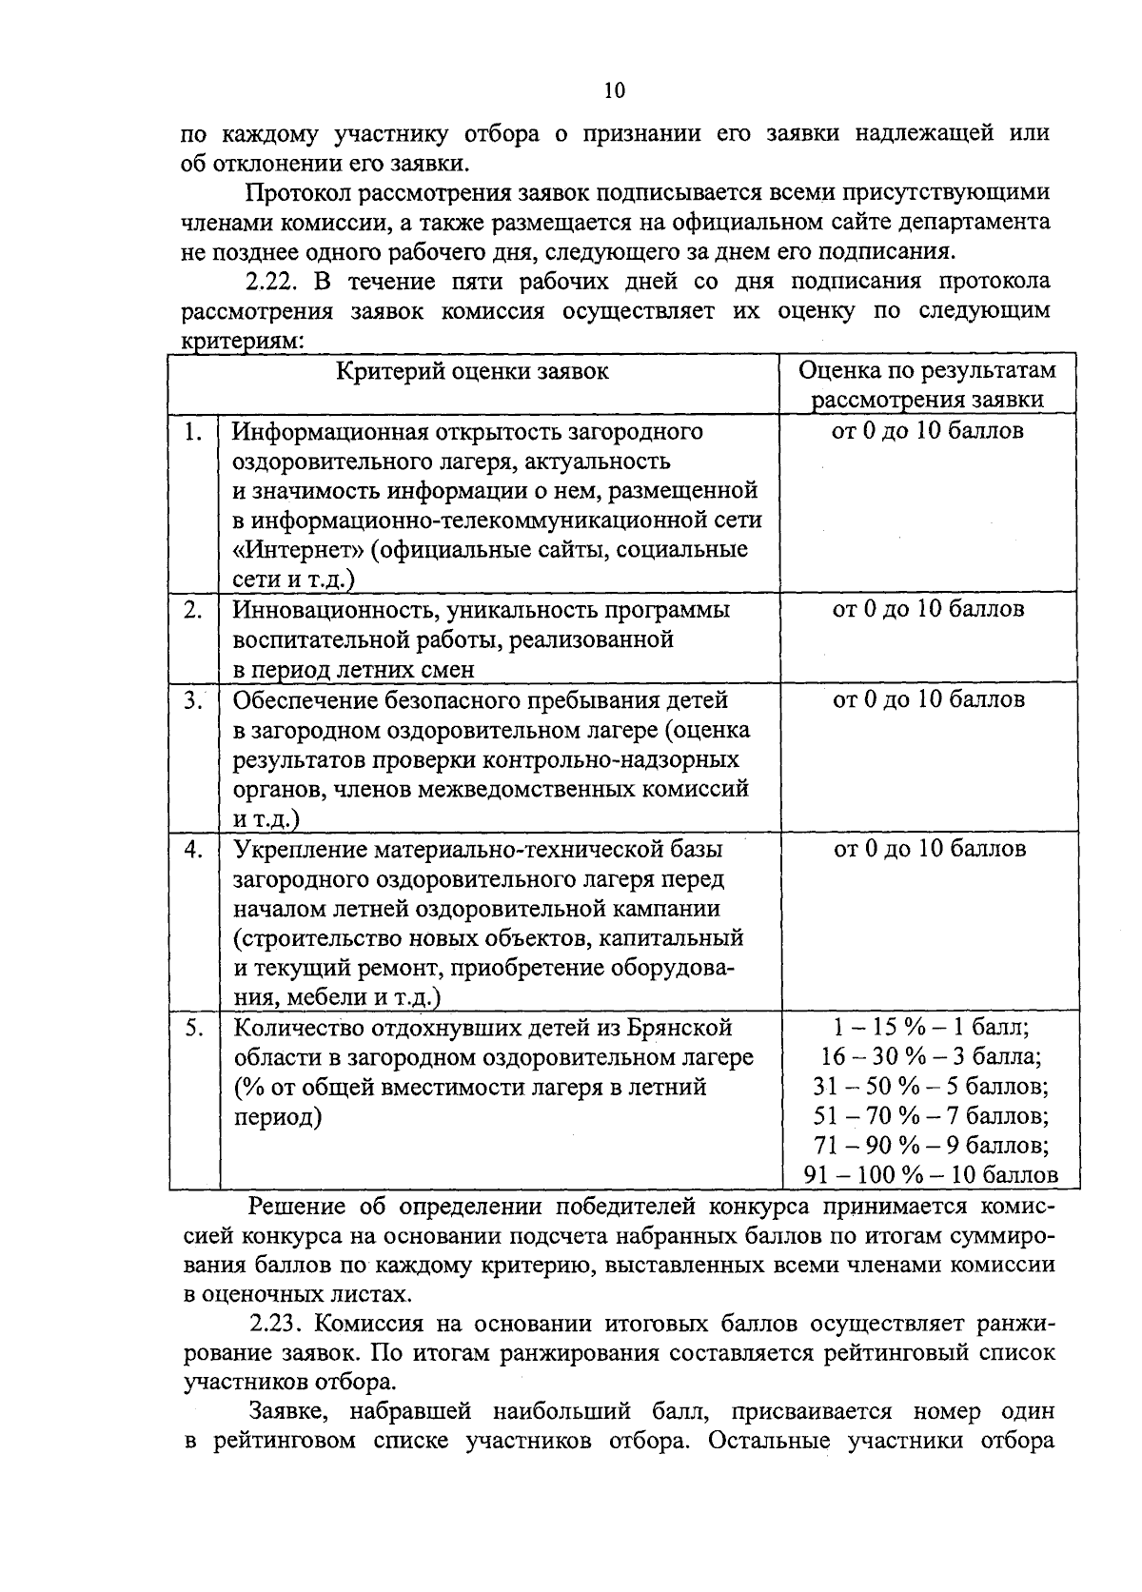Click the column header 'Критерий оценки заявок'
click(473, 371)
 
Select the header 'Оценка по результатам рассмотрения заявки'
click(927, 384)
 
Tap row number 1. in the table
click(194, 432)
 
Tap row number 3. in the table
click(194, 701)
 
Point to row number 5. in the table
click(194, 1029)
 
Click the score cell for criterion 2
click(928, 609)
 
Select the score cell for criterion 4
click(929, 849)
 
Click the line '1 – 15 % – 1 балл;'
click(931, 1029)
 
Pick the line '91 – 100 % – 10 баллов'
click(931, 1175)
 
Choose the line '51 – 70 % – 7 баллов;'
click(931, 1116)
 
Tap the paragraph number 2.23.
click(275, 1325)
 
